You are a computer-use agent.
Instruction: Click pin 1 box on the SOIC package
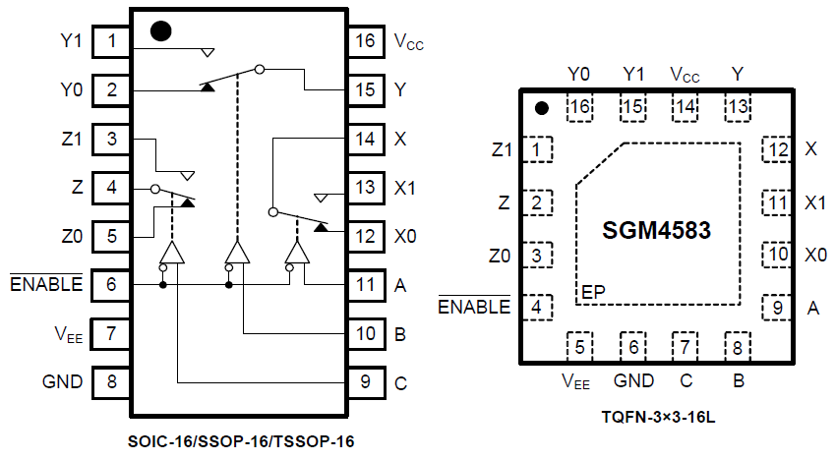[113, 41]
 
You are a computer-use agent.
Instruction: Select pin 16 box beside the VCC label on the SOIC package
[365, 41]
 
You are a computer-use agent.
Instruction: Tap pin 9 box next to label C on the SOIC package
[365, 382]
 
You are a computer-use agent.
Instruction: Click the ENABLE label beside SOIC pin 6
[46, 285]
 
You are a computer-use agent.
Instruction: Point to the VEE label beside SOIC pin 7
[67, 334]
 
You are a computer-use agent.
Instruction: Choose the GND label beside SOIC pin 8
[63, 382]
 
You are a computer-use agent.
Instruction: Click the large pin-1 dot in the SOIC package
[161, 30]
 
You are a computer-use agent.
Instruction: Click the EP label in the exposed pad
[592, 292]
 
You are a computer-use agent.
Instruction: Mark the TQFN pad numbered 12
[778, 150]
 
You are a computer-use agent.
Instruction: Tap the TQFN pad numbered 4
[537, 307]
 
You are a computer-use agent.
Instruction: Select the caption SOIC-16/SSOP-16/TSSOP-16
[240, 442]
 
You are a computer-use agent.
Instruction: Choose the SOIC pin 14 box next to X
[365, 139]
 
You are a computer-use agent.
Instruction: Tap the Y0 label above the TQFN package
[579, 74]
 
